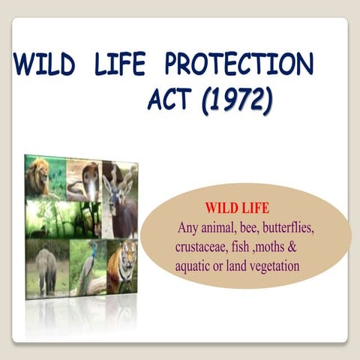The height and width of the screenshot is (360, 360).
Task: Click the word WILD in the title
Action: point(43,64)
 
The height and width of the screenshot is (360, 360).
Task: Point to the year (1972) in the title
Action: point(234,100)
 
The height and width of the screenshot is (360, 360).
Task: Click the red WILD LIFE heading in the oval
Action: point(236,207)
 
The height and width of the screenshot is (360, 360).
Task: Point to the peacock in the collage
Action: point(91,262)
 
